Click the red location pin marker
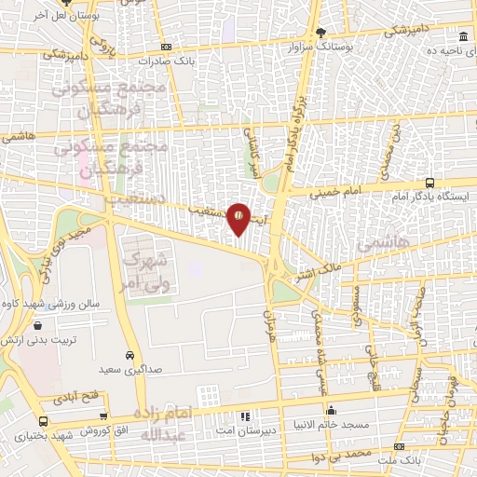(238, 218)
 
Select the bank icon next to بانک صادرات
(165, 47)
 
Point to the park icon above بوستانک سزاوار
(321, 31)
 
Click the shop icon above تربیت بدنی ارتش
(37, 325)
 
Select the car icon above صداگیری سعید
(129, 355)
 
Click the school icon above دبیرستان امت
(246, 416)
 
